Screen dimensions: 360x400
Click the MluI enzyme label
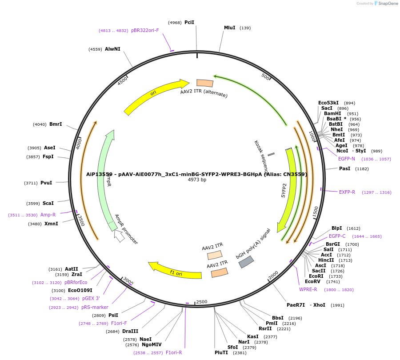click(229, 28)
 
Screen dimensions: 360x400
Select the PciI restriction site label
click(189, 22)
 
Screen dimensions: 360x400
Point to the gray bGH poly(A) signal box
click(246, 262)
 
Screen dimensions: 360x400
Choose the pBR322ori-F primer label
click(145, 31)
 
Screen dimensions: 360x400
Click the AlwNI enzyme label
click(112, 49)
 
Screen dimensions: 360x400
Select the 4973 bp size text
click(197, 180)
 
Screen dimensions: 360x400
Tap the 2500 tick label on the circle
click(202, 302)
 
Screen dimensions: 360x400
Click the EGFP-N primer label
click(346, 159)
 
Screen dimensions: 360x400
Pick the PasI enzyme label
click(344, 168)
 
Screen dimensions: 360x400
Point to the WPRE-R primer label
click(308, 289)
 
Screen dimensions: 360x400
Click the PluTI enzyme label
click(221, 352)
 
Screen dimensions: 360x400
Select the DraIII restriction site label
click(130, 331)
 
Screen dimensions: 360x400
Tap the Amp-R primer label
click(48, 215)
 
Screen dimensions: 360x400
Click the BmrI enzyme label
click(56, 124)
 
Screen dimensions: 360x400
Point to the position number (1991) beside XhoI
click(337, 305)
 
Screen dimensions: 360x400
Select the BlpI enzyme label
click(337, 228)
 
